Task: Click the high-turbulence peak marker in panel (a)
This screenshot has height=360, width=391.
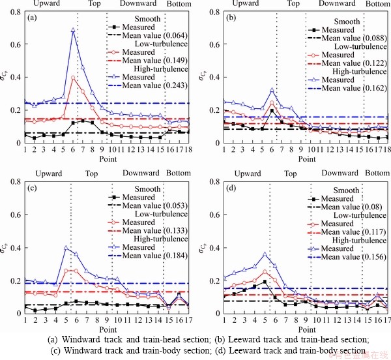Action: click(73, 30)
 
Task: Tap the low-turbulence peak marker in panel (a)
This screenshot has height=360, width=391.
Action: click(73, 78)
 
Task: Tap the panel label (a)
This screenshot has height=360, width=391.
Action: click(31, 18)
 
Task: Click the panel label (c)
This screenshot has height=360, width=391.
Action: click(31, 189)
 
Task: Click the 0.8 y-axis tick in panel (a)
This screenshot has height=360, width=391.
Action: click(16, 13)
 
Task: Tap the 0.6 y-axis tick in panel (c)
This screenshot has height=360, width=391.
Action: click(16, 216)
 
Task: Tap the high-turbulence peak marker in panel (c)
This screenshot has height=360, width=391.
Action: click(66, 248)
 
